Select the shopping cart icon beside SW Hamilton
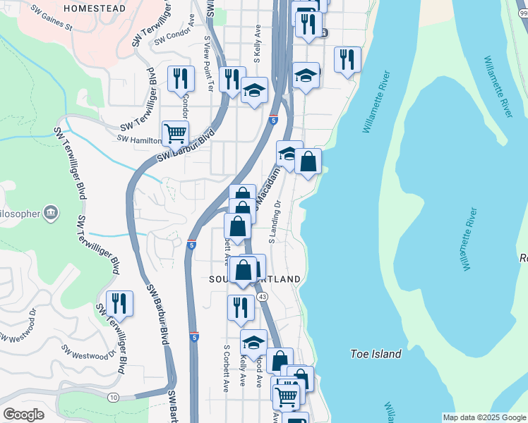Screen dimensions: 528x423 click(x=175, y=132)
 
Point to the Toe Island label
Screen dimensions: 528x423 click(x=376, y=354)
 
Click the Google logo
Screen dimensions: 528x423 click(x=23, y=415)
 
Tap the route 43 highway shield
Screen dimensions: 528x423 click(x=262, y=298)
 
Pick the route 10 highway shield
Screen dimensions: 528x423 click(x=114, y=398)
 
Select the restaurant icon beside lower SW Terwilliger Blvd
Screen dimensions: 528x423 click(x=119, y=302)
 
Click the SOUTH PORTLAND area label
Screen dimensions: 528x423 click(x=255, y=279)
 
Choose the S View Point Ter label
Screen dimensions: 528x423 click(x=208, y=63)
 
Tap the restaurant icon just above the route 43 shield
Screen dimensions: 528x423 click(x=241, y=307)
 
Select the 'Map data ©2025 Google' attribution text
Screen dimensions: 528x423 click(x=484, y=417)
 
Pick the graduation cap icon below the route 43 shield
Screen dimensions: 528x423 click(x=253, y=342)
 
